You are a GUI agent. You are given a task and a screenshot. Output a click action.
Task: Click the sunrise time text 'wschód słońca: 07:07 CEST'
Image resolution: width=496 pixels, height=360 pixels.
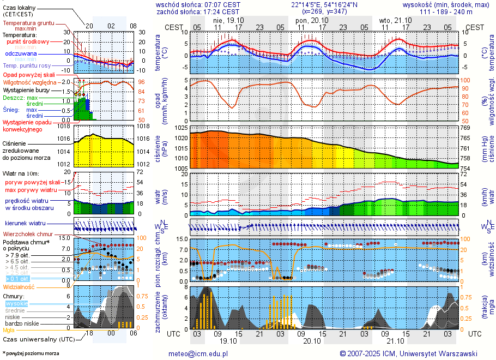[x=198, y=4]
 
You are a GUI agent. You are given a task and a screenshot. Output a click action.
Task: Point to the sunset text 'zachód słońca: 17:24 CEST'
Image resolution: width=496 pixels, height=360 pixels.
[x=198, y=11]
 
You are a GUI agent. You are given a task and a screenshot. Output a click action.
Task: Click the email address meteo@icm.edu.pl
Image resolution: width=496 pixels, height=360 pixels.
[x=198, y=353]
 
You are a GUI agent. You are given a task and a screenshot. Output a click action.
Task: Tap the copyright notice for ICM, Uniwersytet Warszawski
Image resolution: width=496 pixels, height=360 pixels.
[x=408, y=353]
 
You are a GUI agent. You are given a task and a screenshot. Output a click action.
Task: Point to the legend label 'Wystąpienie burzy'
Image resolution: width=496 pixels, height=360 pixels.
[x=25, y=89]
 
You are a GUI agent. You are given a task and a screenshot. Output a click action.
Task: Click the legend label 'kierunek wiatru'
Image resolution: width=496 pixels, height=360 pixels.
[x=25, y=223]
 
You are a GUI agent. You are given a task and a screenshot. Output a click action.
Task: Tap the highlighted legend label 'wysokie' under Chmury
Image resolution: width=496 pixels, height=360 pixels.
[x=16, y=303]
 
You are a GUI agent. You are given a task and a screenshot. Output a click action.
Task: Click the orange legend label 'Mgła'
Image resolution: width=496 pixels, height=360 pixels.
[x=9, y=330]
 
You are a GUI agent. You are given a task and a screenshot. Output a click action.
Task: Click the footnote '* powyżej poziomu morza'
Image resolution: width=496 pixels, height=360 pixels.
[x=31, y=353]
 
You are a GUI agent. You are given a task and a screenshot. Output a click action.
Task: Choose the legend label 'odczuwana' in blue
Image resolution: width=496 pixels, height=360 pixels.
[x=21, y=53]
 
